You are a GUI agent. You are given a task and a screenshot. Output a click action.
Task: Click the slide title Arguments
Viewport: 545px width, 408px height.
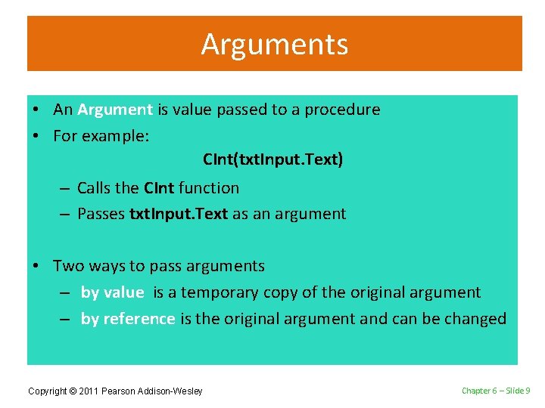(274, 45)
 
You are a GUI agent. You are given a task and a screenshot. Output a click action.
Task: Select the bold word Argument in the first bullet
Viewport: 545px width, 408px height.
(115, 110)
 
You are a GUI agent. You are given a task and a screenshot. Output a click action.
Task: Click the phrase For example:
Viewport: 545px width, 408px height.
(101, 137)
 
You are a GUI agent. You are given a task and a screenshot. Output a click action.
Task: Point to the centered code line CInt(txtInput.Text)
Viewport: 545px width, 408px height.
(273, 160)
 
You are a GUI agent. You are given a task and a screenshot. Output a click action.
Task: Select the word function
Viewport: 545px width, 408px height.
(209, 188)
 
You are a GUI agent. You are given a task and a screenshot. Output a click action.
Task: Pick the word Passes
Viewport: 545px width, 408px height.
(101, 214)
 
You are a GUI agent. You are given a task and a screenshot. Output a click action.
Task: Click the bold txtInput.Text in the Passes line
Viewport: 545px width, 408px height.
(179, 214)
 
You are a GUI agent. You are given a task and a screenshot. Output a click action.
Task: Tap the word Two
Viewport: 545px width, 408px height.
(68, 266)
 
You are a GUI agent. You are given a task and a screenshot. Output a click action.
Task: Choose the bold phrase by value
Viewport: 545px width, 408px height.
(112, 292)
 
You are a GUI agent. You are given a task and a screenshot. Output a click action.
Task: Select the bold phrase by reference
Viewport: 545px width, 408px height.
(128, 319)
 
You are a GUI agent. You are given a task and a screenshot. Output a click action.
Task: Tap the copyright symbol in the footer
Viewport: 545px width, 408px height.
(73, 391)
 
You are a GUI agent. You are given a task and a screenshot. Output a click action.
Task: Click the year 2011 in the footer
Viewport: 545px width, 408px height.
(89, 391)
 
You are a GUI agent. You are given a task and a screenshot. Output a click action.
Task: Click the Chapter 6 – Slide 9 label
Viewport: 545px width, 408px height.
(496, 391)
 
